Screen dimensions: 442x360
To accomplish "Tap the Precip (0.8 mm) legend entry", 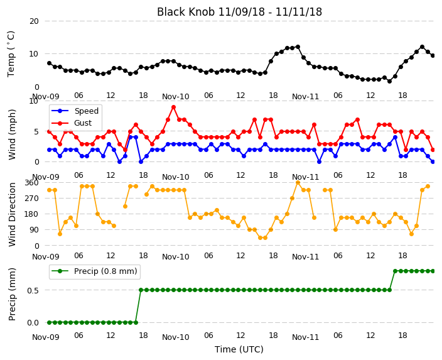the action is click(94, 271).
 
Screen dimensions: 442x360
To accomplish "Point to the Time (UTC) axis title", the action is click(239, 349).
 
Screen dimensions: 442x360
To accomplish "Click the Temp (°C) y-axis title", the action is click(11, 54).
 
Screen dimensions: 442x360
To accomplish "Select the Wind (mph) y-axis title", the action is click(12, 134).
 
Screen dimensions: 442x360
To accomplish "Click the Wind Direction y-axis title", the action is click(12, 214).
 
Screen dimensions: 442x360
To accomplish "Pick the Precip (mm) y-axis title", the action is click(12, 294).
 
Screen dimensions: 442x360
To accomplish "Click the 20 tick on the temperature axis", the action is click(34, 21).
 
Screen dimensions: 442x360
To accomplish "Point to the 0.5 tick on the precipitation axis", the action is click(33, 290).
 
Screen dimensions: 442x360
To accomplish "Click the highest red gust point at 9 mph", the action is click(174, 107).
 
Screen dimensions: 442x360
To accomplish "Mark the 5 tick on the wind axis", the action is click(36, 132).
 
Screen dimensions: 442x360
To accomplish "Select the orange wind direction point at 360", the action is click(298, 183).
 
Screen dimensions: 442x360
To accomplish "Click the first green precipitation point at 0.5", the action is click(141, 290).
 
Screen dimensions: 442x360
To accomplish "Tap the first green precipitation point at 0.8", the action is click(395, 271).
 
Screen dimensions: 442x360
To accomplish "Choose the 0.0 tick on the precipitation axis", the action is click(33, 323).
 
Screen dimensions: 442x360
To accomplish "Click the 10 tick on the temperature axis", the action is click(34, 54).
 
